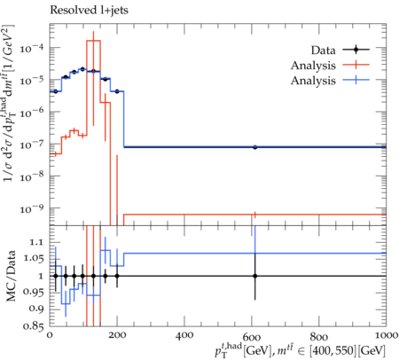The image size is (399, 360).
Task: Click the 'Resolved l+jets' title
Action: point(89,10)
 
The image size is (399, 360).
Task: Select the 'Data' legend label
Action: point(324,51)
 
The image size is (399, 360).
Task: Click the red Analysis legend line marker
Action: point(356,65)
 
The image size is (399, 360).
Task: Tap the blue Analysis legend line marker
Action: point(356,80)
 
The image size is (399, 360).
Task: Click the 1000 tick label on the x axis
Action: point(385,335)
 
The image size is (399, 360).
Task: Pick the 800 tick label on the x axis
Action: point(319,336)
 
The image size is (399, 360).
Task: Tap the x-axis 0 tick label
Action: point(50,335)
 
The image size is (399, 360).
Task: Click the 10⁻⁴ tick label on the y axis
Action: point(32,47)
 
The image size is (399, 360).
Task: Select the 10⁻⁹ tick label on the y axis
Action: point(32,208)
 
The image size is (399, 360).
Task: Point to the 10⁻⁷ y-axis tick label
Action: point(32,144)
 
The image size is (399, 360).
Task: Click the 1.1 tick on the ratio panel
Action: point(36,243)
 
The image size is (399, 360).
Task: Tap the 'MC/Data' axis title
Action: point(11,276)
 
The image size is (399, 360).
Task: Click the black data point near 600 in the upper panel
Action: point(254,147)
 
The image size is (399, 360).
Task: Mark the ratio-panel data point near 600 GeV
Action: point(254,276)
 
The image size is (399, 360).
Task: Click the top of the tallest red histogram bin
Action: point(93,41)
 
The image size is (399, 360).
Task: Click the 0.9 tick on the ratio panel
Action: point(36,309)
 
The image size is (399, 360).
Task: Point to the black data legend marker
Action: point(356,50)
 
